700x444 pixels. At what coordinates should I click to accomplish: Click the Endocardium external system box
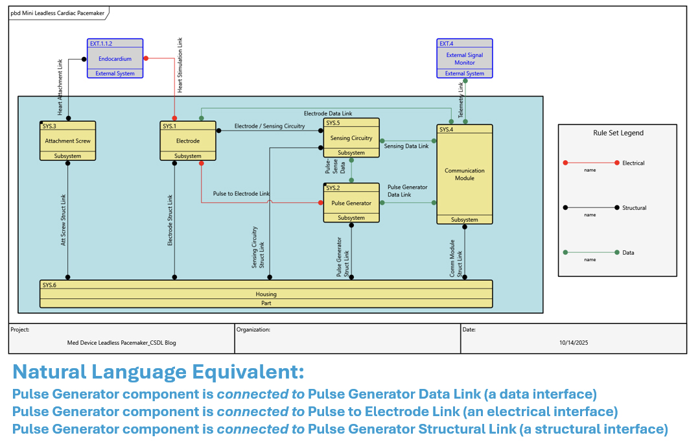click(115, 58)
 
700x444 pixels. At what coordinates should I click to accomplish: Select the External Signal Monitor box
click(464, 58)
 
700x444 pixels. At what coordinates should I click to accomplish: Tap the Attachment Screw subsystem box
click(67, 141)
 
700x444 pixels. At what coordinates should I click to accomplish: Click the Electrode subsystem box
click(188, 141)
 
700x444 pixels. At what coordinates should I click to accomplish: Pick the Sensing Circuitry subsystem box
click(351, 137)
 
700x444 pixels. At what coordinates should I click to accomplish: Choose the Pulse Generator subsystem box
click(351, 203)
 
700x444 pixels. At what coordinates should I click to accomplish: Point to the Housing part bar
click(266, 294)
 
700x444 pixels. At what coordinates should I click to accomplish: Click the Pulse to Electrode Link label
click(241, 194)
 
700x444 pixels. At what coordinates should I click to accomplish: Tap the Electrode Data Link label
click(327, 113)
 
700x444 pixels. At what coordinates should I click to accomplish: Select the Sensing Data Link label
click(406, 146)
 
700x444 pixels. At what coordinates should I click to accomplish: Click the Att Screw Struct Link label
click(64, 220)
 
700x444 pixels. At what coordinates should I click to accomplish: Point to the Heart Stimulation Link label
click(180, 65)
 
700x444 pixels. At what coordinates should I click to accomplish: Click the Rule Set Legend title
click(618, 133)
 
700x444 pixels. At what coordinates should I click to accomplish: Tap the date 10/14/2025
click(573, 342)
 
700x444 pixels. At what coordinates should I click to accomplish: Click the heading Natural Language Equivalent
click(158, 372)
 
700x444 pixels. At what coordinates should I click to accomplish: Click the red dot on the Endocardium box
click(146, 58)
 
